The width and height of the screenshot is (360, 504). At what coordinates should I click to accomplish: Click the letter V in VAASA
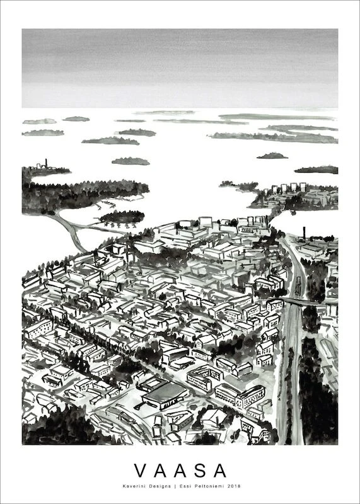(139, 471)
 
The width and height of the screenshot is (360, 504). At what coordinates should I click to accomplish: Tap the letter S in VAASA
(200, 471)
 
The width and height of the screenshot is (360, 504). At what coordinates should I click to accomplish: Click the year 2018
(235, 486)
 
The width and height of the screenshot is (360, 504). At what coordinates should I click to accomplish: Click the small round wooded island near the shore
(122, 217)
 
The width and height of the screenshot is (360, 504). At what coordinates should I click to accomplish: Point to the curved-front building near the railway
(238, 395)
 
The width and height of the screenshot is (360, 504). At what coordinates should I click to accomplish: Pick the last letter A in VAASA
(221, 471)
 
